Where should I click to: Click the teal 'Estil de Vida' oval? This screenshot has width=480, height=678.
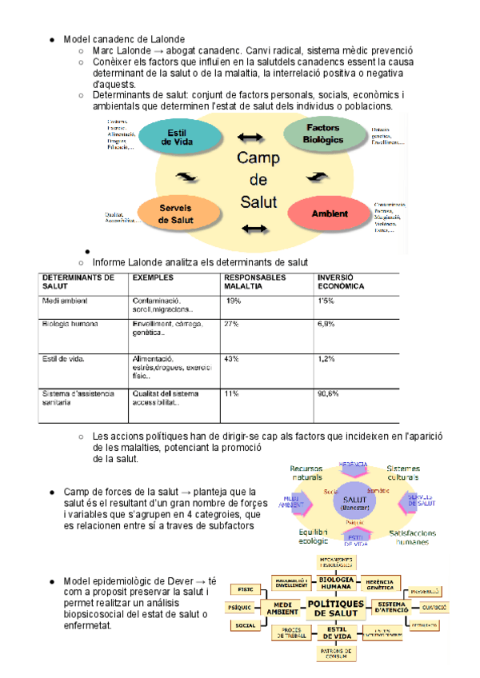click(178, 137)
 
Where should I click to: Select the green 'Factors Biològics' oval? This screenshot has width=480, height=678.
click(322, 134)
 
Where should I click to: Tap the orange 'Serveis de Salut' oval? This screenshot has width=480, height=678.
click(176, 213)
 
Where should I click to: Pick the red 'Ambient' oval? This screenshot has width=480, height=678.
click(329, 213)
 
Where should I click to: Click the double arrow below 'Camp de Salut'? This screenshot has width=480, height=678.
click(254, 229)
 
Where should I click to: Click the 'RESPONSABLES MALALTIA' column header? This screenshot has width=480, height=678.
click(254, 281)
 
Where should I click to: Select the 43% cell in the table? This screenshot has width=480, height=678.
click(232, 359)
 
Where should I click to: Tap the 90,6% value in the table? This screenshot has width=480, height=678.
click(328, 393)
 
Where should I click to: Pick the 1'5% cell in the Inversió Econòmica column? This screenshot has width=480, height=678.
click(326, 301)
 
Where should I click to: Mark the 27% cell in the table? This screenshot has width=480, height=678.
click(232, 324)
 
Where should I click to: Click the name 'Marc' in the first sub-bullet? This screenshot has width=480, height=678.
click(105, 50)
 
